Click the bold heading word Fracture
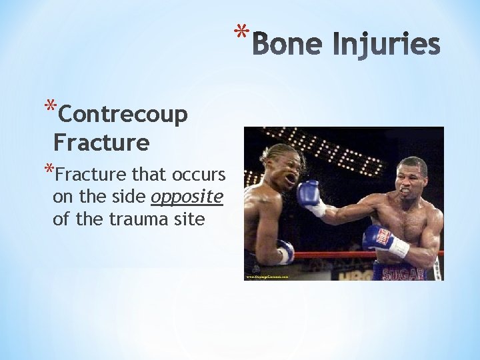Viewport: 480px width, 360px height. pos(101,142)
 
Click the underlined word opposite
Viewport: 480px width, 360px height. pos(187,197)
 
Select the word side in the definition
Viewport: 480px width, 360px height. pos(130,197)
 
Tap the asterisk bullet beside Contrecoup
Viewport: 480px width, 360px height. pos(49,107)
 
